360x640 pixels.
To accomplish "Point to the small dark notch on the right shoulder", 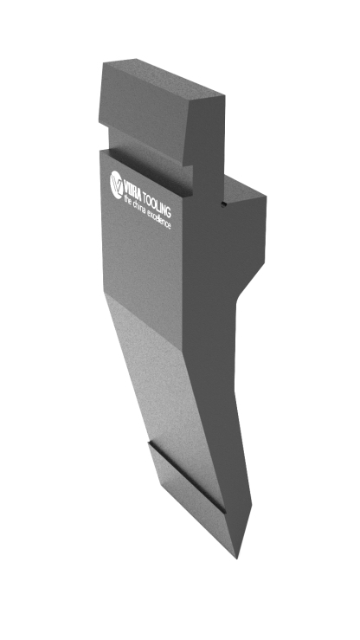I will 224,205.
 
